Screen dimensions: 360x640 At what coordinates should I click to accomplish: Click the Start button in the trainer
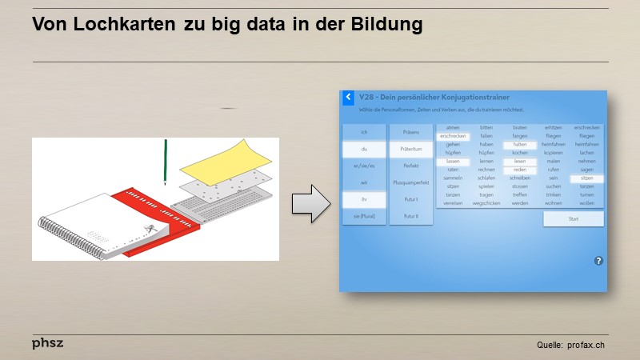[573, 218]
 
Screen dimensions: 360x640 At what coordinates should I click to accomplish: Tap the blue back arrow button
[348, 98]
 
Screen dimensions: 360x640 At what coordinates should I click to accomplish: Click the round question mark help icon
[598, 261]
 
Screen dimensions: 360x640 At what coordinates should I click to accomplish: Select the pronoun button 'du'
[363, 149]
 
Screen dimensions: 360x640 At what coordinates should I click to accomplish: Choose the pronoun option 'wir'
[363, 182]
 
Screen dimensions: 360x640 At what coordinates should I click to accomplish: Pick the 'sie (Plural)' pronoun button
[363, 216]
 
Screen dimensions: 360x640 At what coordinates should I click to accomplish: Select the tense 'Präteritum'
[411, 149]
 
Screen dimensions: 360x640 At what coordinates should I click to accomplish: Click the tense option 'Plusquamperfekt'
[411, 182]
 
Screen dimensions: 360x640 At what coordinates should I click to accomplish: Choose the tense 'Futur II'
[411, 216]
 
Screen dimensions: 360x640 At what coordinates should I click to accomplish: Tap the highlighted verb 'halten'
[519, 145]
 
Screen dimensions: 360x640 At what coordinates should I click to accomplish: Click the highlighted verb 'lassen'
[453, 162]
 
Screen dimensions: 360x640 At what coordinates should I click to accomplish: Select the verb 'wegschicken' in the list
[486, 203]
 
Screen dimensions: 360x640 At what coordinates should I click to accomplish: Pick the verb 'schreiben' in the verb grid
[519, 178]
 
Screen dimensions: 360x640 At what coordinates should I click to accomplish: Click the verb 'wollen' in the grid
[586, 203]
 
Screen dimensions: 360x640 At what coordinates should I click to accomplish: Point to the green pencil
[166, 161]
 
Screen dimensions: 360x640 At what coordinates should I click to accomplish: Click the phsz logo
[47, 342]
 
